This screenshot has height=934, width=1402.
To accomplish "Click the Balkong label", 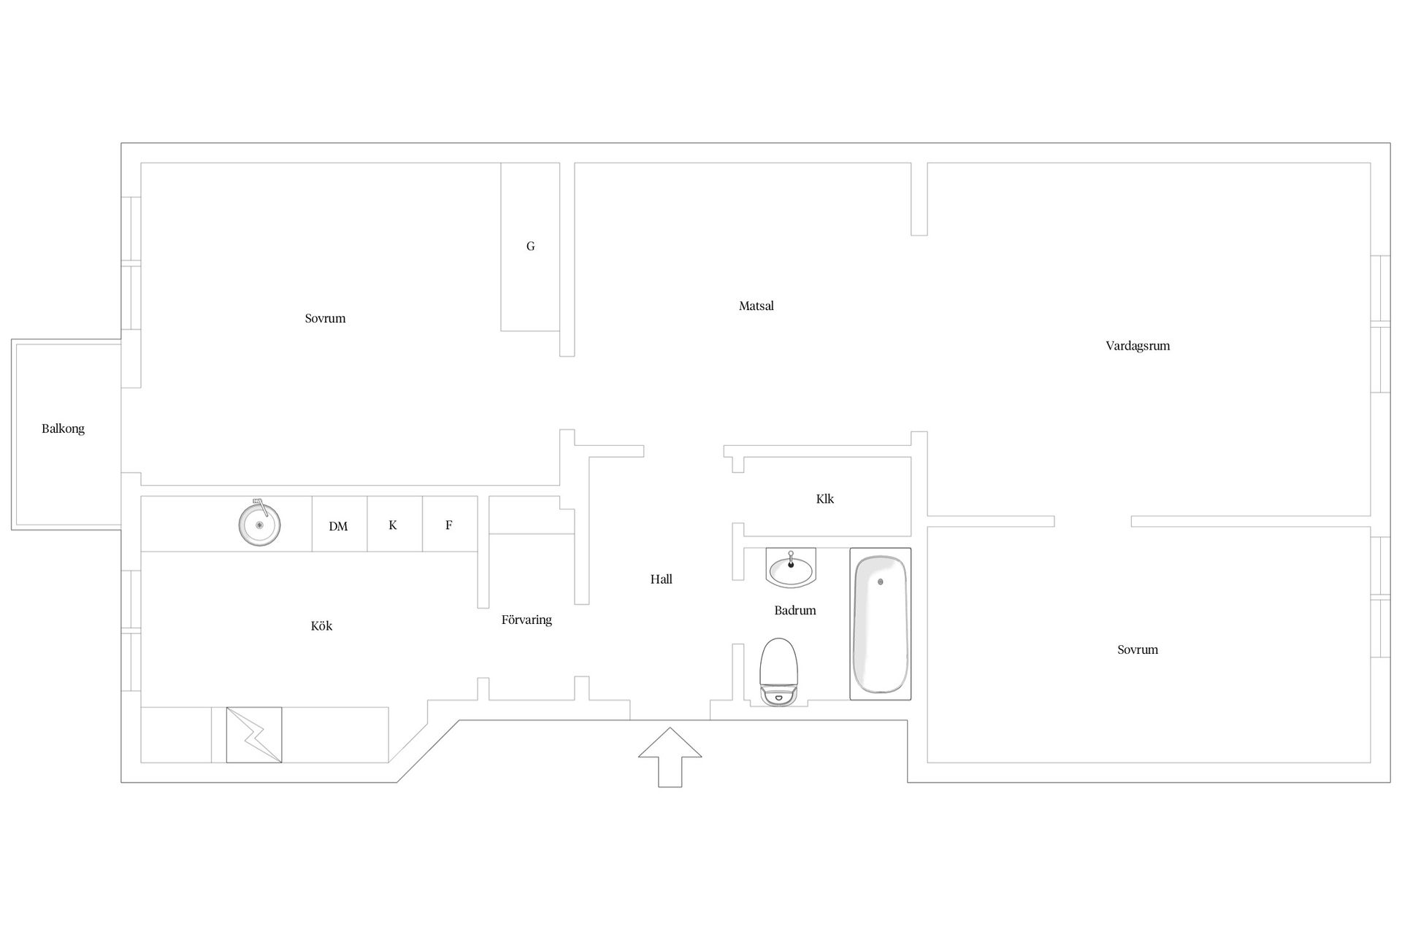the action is pyautogui.click(x=63, y=429).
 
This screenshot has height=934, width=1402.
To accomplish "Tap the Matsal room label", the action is pyautogui.click(x=756, y=306).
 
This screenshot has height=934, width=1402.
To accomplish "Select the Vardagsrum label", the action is pyautogui.click(x=1138, y=347).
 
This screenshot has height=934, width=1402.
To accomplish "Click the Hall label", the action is pyautogui.click(x=661, y=579).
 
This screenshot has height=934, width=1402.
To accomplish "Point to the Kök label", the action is pyautogui.click(x=321, y=626).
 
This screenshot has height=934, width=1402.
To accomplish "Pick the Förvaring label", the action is pyautogui.click(x=526, y=620).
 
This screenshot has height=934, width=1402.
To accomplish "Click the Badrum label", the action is pyautogui.click(x=795, y=611).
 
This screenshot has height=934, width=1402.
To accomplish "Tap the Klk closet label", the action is pyautogui.click(x=825, y=499).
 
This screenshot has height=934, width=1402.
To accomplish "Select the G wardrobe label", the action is pyautogui.click(x=530, y=247).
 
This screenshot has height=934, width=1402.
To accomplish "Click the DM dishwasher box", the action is pyautogui.click(x=340, y=524).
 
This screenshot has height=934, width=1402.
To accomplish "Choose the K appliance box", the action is pyautogui.click(x=395, y=524).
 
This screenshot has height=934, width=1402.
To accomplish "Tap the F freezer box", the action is pyautogui.click(x=450, y=524).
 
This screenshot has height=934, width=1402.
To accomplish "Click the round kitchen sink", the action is pyautogui.click(x=259, y=524).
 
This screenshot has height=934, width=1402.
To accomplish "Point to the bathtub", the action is pyautogui.click(x=880, y=624).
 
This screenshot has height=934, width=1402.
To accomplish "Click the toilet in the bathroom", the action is pyautogui.click(x=778, y=672).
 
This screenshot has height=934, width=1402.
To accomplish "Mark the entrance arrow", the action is pyautogui.click(x=670, y=757).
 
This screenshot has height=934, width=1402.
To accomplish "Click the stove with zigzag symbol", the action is pyautogui.click(x=254, y=735).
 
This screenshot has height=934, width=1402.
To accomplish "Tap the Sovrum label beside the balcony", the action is pyautogui.click(x=325, y=319).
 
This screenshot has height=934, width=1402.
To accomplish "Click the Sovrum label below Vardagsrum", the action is pyautogui.click(x=1138, y=650).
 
